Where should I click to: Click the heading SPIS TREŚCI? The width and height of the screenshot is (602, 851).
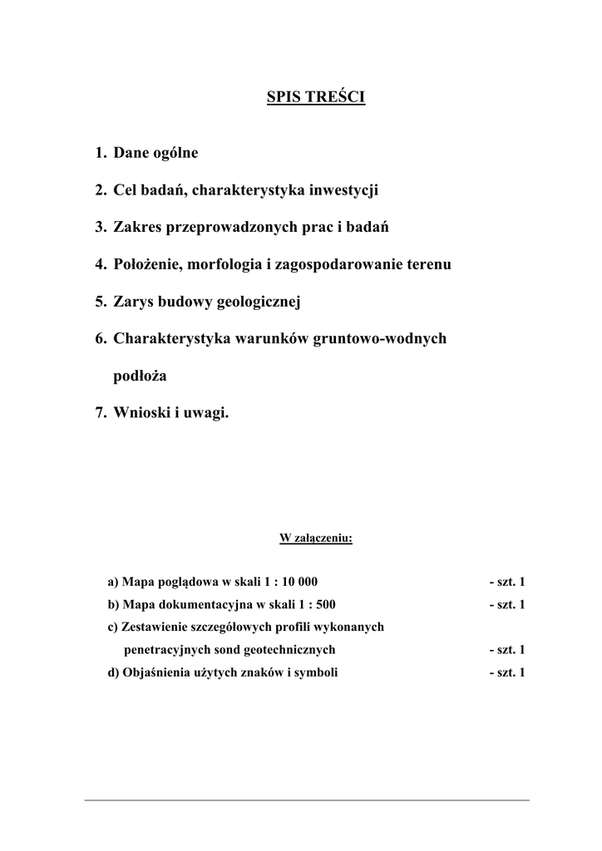coord(316,98)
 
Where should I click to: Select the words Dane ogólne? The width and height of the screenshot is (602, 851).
coord(155,154)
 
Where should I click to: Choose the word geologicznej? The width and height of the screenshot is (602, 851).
coord(258,302)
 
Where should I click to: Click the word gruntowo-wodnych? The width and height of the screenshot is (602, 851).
coord(378,339)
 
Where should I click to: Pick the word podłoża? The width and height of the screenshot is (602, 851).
coord(140,376)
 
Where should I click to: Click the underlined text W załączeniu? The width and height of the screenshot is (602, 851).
coord(316,539)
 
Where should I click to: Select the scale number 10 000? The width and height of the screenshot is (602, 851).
coord(297,582)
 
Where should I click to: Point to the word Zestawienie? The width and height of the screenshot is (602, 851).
coord(153,627)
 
